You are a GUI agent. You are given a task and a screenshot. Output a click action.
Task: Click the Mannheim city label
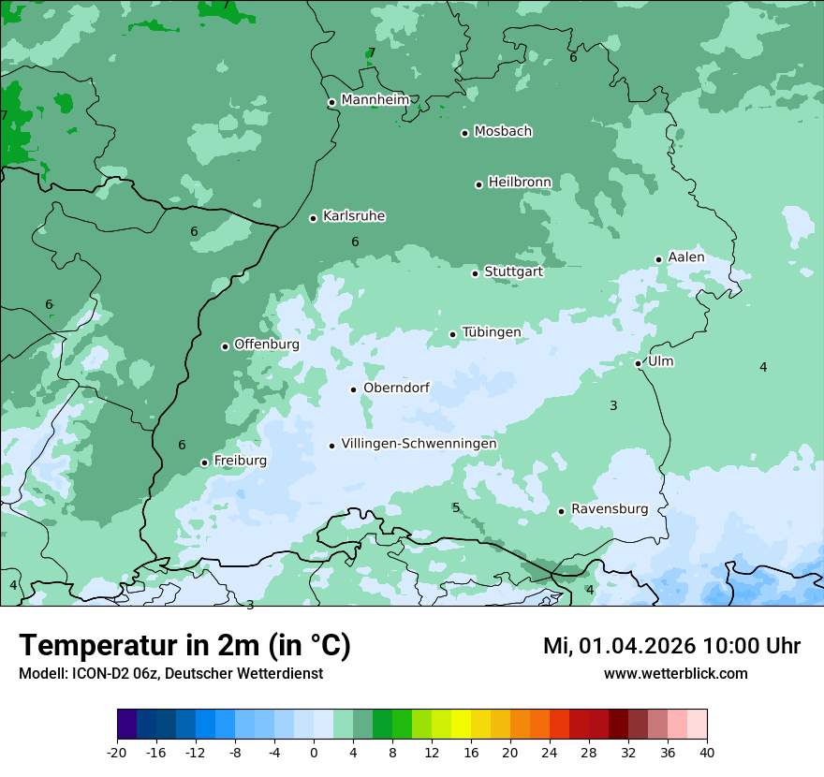pos(375,100)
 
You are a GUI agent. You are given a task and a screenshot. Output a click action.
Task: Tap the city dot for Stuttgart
pos(476,273)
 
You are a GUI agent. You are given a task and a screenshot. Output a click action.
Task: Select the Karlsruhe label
pos(354,216)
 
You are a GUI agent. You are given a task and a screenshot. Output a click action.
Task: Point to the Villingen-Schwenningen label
pos(419,444)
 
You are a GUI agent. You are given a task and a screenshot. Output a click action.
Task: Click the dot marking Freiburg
pos(204,462)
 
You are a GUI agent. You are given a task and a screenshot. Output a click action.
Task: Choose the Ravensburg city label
pos(610,509)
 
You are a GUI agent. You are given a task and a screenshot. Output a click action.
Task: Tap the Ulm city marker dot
pos(639,363)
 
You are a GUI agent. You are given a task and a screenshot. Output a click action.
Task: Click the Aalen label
pos(686,257)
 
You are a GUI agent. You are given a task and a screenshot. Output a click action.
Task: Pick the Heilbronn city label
pos(520,183)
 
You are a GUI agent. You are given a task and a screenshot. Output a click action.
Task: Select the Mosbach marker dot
pos(464,133)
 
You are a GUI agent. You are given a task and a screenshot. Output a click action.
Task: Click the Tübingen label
pos(492,332)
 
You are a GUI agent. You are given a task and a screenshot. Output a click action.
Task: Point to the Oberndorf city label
pos(396,388)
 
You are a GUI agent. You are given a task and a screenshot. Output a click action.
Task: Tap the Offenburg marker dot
pos(225,346)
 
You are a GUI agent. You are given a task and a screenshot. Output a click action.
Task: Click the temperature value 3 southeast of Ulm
pos(613,406)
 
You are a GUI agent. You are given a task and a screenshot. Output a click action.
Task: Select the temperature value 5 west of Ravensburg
pos(456,508)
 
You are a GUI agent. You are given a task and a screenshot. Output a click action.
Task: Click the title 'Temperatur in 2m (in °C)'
pos(185,646)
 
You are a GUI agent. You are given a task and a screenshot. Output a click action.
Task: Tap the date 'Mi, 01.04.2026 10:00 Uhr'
pos(671,646)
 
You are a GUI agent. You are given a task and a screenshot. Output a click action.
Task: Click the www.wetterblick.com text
pos(675,674)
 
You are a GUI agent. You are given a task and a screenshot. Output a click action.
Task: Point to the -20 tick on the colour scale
pos(117,753)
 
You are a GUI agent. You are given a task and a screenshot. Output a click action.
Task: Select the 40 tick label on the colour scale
pos(707,753)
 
